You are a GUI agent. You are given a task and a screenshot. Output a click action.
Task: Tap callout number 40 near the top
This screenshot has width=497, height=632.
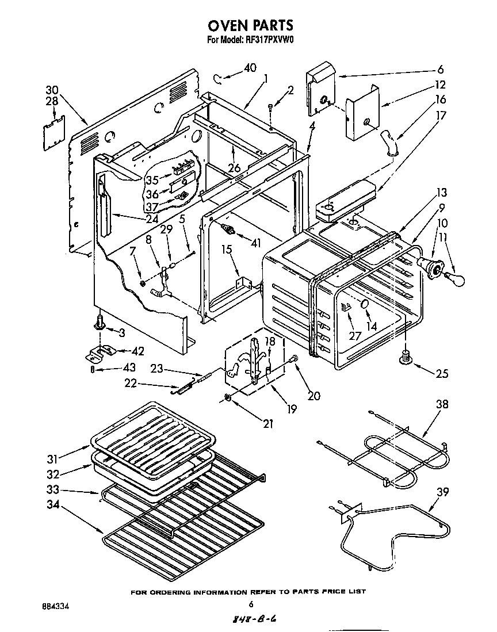[250, 68]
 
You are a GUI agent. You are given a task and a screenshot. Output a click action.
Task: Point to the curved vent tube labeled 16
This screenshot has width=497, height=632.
[390, 141]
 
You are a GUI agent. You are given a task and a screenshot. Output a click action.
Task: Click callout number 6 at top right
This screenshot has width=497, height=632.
[440, 70]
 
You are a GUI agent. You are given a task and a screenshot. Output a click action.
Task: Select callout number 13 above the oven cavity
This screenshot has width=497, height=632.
[441, 193]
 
